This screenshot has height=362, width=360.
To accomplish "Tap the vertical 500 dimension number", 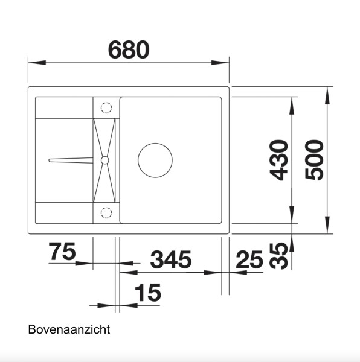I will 315,160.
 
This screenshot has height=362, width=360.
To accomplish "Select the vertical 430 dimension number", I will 278,160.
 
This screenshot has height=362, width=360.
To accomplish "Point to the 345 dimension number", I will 170,260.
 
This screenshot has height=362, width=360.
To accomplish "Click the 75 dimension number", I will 61,252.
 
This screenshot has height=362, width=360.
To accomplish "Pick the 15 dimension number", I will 148,293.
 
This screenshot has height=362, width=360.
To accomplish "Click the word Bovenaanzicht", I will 69,331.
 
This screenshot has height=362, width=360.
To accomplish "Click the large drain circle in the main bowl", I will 155,160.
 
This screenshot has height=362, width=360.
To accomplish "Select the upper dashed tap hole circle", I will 106,108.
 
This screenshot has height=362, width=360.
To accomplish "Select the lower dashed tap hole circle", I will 106,212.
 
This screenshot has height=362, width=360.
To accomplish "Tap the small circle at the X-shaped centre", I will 105,160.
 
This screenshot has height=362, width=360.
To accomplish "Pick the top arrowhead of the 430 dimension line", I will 292,104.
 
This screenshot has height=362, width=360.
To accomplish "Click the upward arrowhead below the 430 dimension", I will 292,241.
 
